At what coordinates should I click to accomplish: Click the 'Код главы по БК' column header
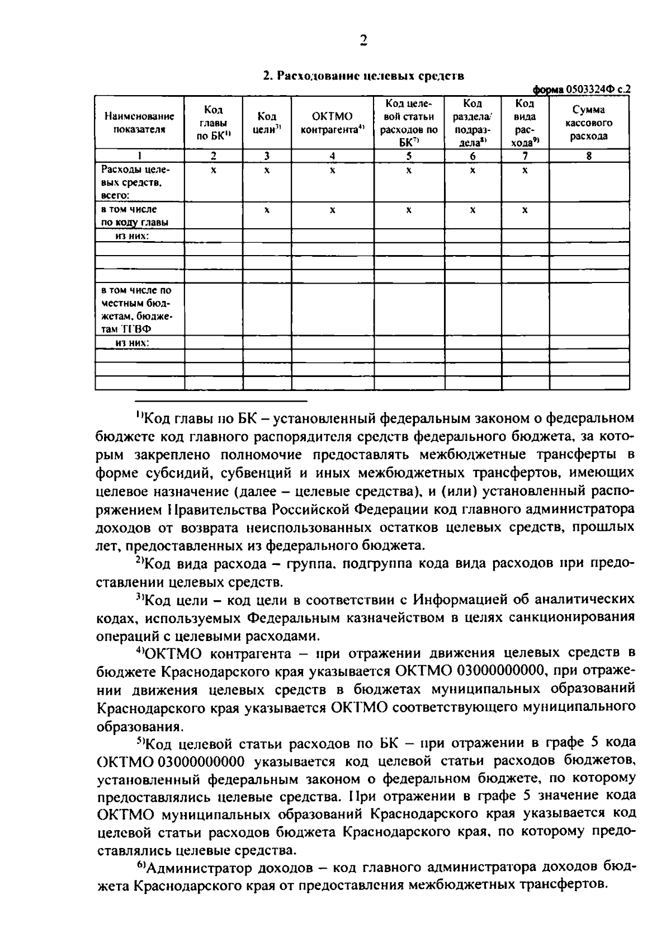214,123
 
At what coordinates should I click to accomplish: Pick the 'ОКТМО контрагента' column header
332,123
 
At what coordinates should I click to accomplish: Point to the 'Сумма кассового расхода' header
589,123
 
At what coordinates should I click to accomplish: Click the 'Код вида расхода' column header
524,123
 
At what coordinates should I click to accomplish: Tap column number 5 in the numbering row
409,156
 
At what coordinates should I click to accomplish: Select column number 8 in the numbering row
589,156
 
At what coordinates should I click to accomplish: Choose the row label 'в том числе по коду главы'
134,215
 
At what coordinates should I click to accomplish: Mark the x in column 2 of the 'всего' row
213,170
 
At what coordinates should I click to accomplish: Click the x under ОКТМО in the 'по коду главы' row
332,210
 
